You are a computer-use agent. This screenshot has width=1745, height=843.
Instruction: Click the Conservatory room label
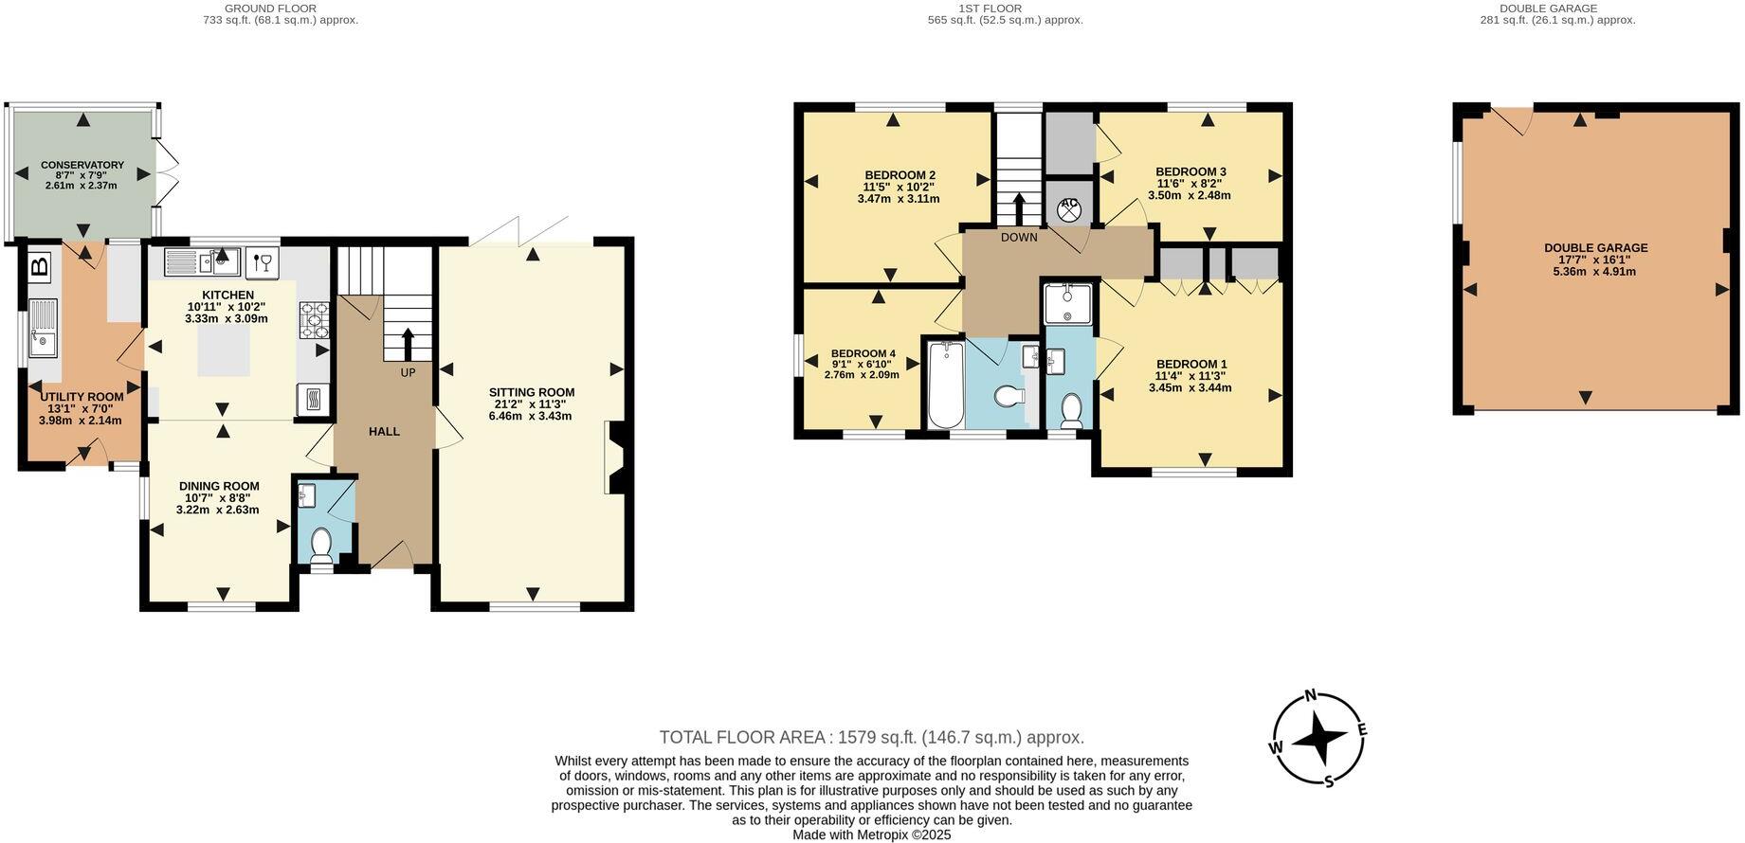point(82,165)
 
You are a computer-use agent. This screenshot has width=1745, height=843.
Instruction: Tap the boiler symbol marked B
point(39,266)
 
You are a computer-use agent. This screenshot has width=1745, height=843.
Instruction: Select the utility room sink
point(42,329)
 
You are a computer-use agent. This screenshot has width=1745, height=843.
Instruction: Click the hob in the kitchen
point(314,320)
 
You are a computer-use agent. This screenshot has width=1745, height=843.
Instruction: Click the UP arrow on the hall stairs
point(408,343)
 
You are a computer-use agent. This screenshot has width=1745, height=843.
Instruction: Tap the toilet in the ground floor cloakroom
point(321,547)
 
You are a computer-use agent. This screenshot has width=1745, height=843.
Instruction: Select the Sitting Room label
point(532,392)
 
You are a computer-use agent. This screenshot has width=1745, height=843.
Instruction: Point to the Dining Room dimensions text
point(218,504)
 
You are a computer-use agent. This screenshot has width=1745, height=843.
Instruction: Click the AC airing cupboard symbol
point(1069,208)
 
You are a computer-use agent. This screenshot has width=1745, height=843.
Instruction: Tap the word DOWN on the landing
point(1019,237)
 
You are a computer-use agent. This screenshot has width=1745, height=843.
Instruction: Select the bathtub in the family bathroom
point(944,386)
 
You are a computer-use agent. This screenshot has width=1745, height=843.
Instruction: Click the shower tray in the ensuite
point(1068,302)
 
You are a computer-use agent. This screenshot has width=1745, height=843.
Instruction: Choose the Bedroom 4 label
point(863,353)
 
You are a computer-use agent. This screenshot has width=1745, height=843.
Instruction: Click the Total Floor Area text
point(871,737)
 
